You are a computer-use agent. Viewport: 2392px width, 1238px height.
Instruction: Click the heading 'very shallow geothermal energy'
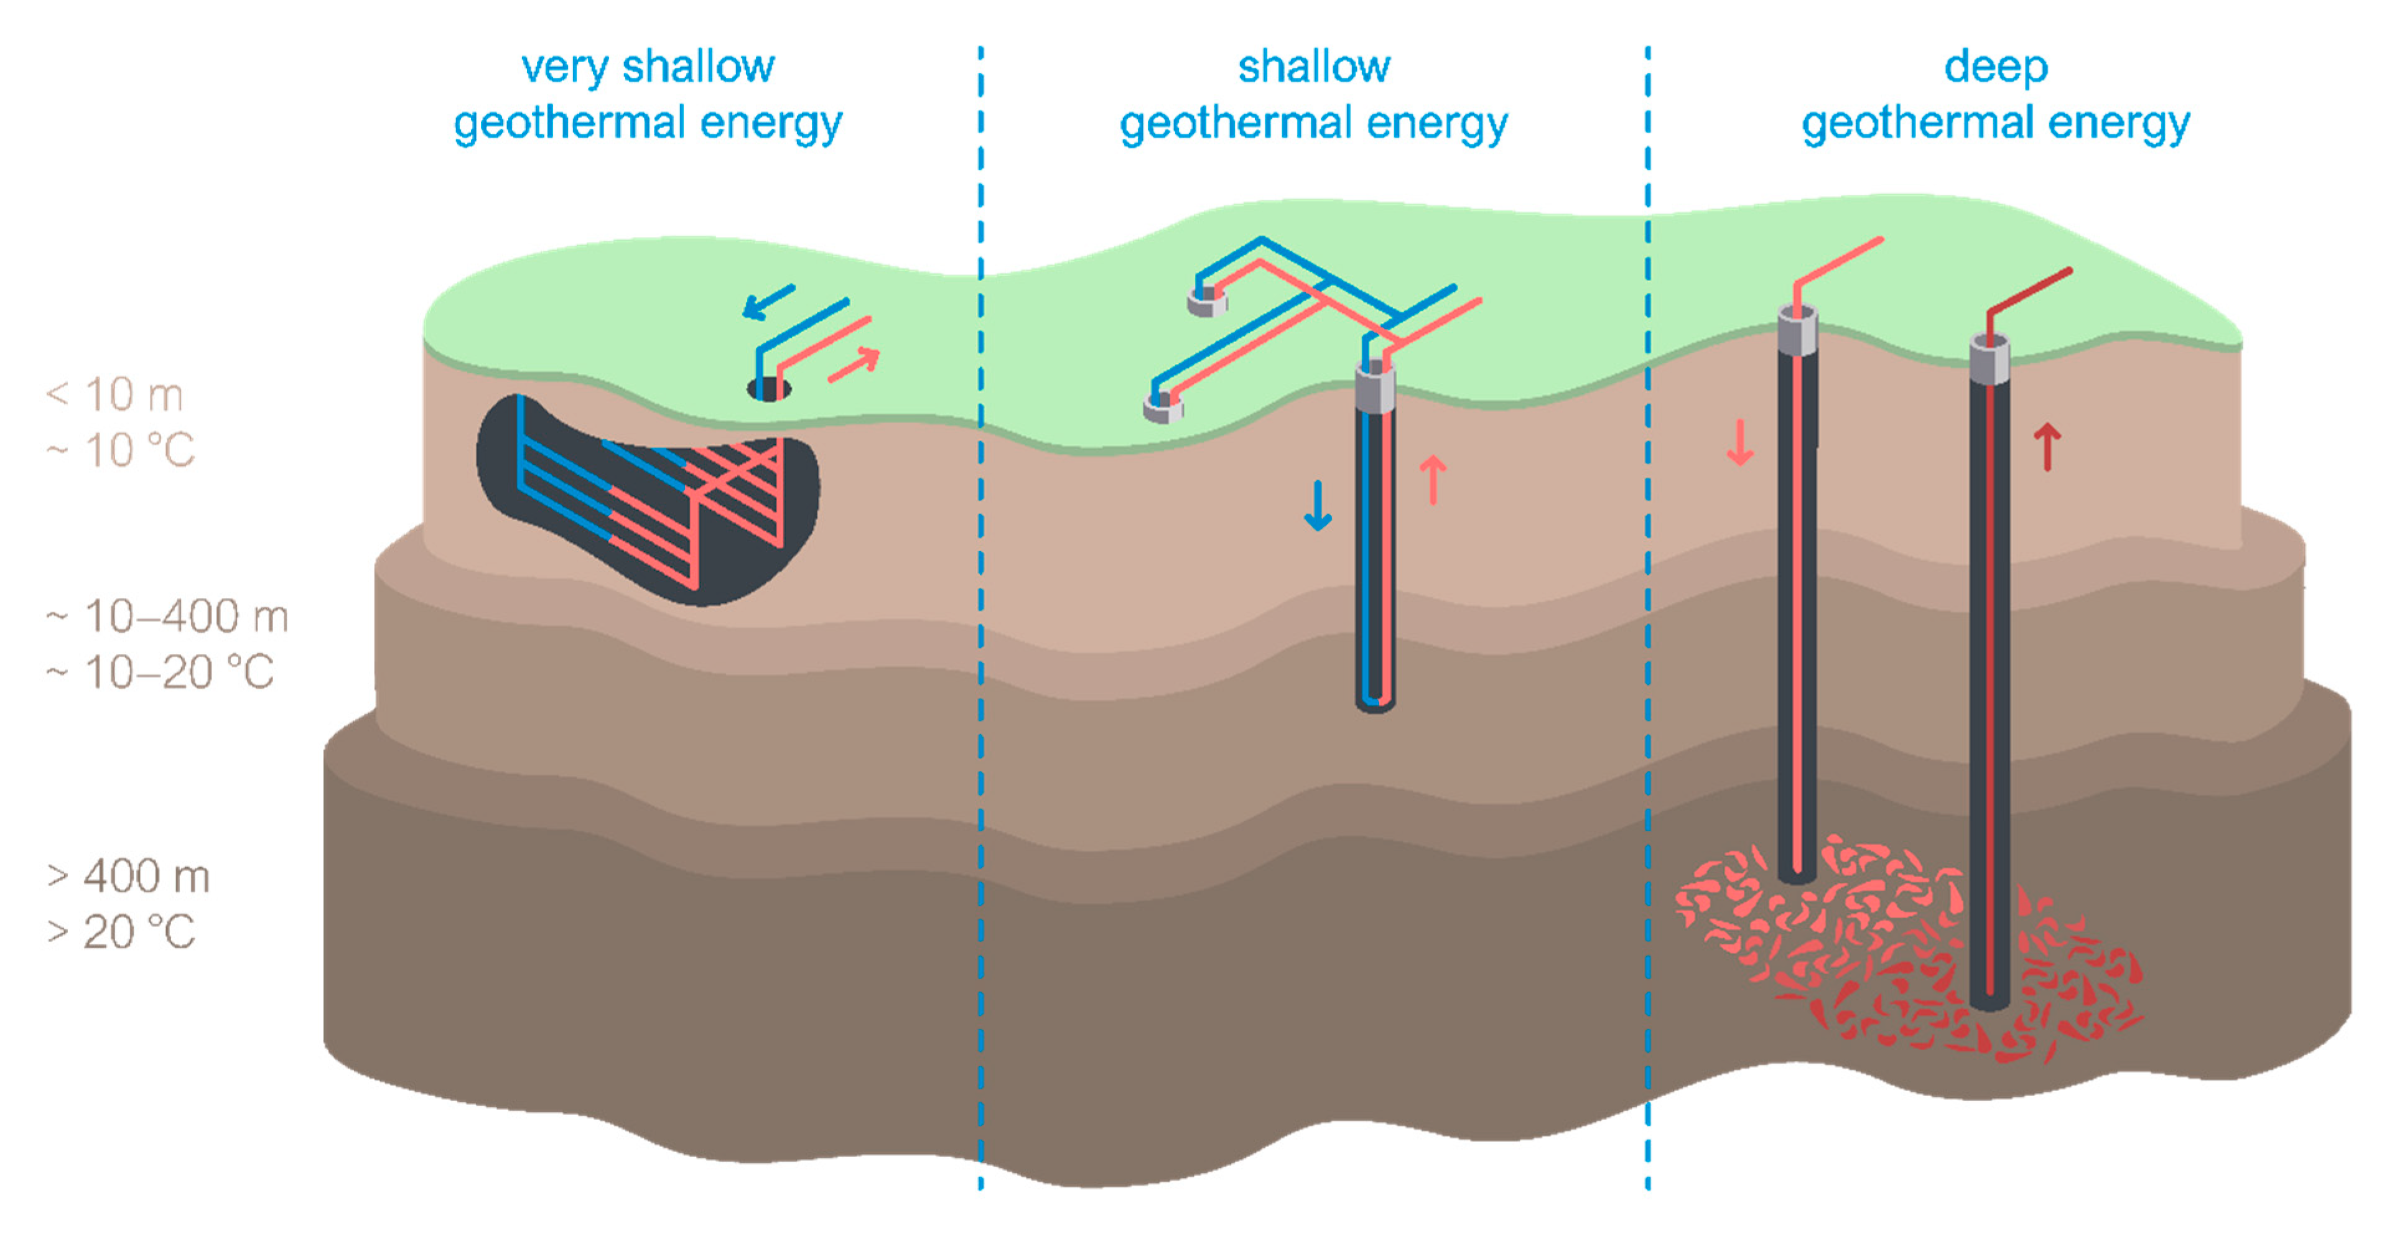[647, 95]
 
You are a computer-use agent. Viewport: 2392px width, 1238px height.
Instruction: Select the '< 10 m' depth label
[115, 394]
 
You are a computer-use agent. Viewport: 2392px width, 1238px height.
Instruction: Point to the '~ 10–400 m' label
[168, 617]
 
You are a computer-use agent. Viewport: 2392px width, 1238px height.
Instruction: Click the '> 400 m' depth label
[129, 877]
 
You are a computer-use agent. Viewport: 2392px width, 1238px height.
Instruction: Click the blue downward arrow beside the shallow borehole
[1318, 507]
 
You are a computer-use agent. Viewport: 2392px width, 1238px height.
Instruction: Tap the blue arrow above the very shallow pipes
[768, 301]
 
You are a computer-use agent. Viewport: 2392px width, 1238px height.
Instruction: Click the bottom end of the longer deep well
[1989, 1001]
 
